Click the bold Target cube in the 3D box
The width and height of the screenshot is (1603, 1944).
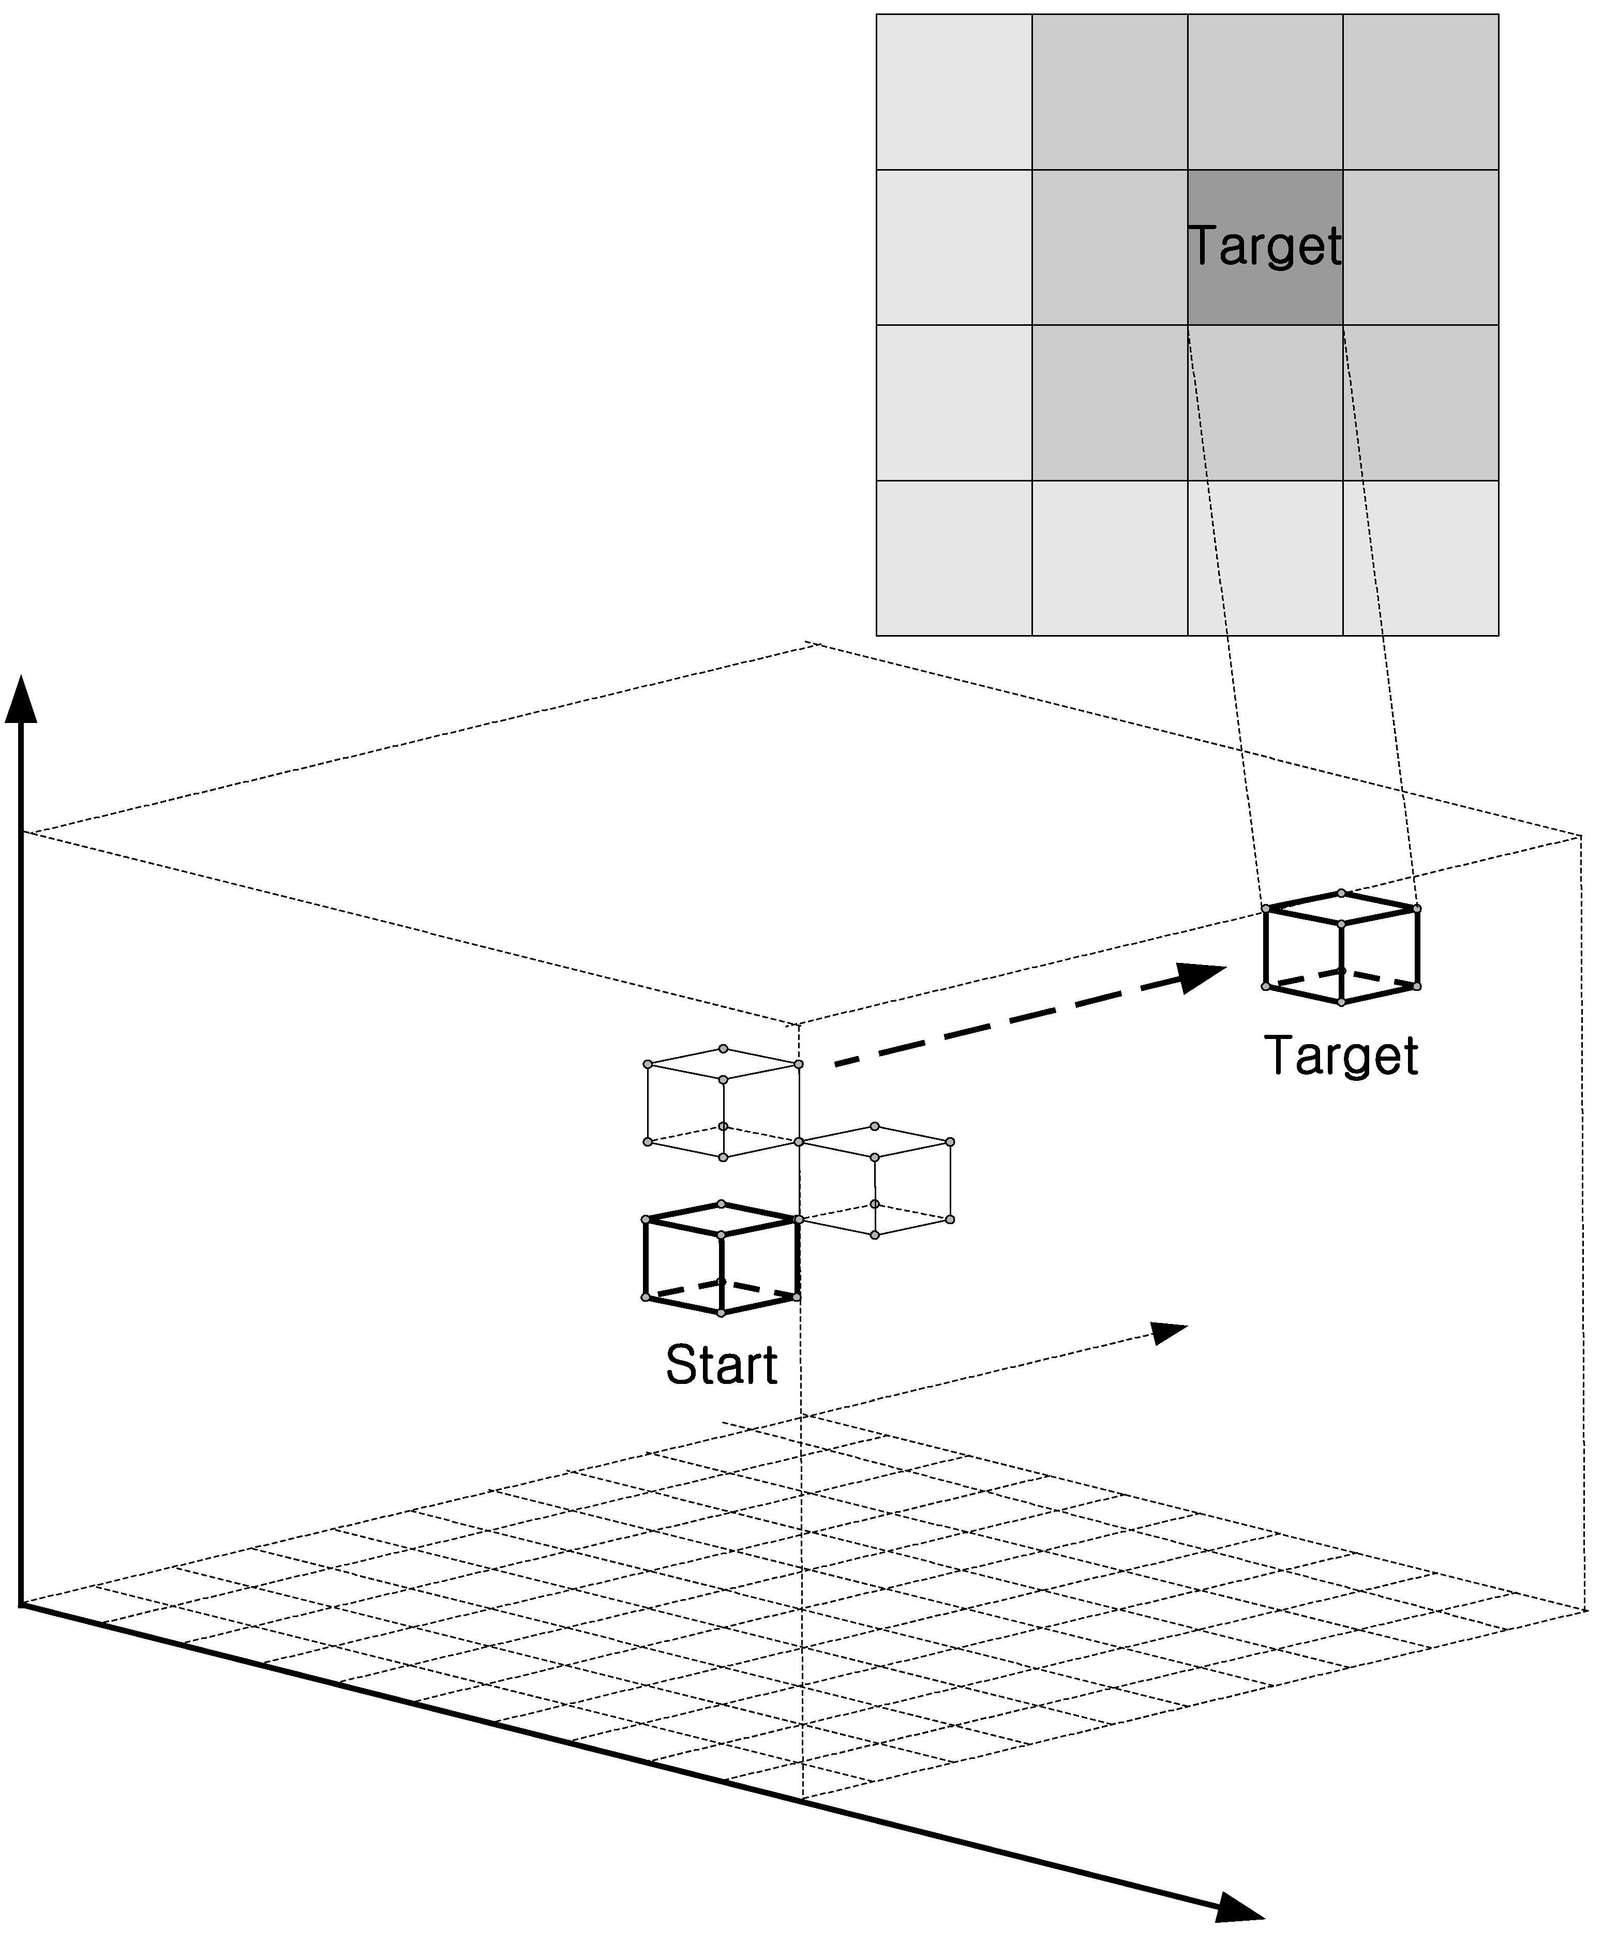pos(1341,948)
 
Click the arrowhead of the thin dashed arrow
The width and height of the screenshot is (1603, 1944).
pos(1168,1333)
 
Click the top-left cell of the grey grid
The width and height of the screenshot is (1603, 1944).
pos(954,92)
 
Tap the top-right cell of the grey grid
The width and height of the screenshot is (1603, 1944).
pos(1420,92)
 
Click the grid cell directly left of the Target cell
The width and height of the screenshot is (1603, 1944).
pos(1109,247)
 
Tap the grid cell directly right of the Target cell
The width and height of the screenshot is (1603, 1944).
pos(1420,247)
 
